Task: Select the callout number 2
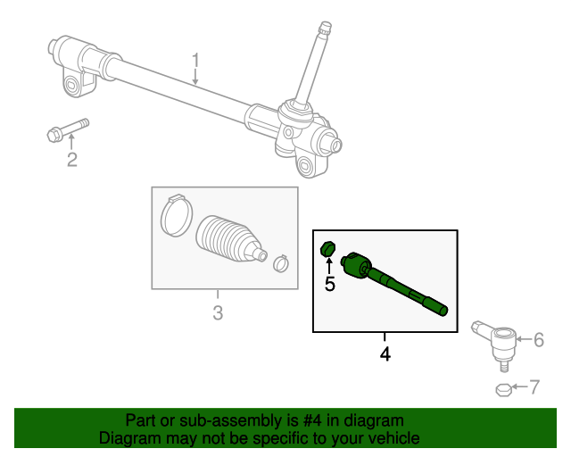pos(71,160)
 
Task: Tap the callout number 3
pos(217,312)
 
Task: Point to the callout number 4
pos(385,353)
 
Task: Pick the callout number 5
pos(329,284)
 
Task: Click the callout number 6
pos(538,339)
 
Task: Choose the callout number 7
pos(534,387)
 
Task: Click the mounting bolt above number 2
pos(67,131)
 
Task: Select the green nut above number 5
pos(327,248)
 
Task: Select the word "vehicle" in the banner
pos(393,438)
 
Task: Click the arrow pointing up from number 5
pos(328,265)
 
